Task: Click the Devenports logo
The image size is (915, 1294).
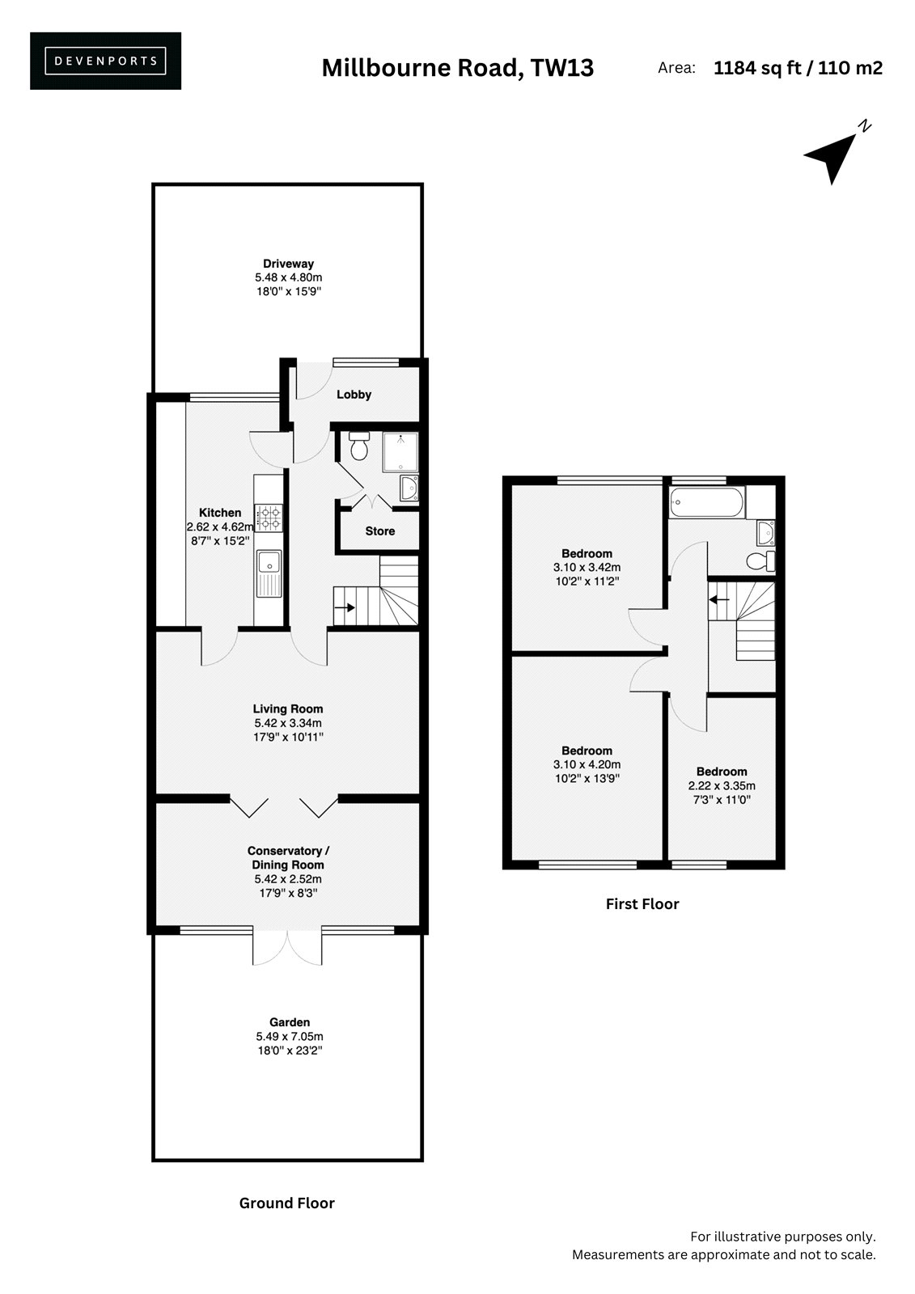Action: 105,61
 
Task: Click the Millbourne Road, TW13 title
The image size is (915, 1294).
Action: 457,68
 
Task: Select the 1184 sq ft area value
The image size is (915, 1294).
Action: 757,68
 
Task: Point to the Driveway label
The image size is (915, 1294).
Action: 289,264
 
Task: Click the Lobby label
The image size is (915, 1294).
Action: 354,395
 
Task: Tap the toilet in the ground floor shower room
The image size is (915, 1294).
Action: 359,446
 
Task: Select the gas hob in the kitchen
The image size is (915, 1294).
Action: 269,518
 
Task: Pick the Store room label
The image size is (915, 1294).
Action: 379,531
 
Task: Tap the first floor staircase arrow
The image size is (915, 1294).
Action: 719,599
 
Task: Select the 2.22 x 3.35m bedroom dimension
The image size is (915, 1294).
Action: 722,785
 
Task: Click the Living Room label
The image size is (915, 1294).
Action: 288,708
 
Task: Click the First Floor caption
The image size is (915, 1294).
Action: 642,904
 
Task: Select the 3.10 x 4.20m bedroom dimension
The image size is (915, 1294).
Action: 587,764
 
